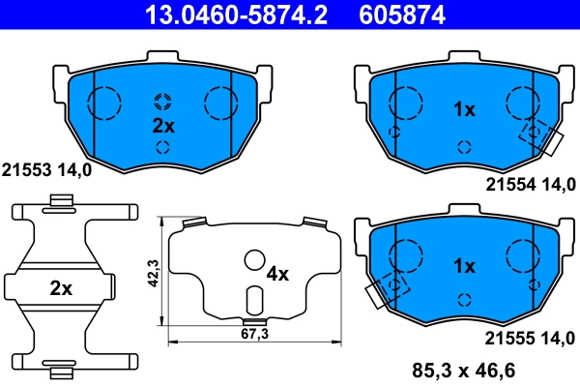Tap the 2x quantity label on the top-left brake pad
pyautogui.click(x=162, y=126)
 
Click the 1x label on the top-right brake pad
pyautogui.click(x=464, y=109)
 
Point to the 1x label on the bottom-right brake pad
pyautogui.click(x=464, y=265)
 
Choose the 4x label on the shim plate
pyautogui.click(x=277, y=274)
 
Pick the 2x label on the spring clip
pyautogui.click(x=60, y=287)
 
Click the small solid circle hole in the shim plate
pyautogui.click(x=254, y=260)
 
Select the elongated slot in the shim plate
pyautogui.click(x=253, y=301)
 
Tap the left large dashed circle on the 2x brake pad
pyautogui.click(x=104, y=102)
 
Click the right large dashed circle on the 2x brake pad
pyautogui.click(x=221, y=102)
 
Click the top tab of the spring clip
pyautogui.click(x=61, y=201)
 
